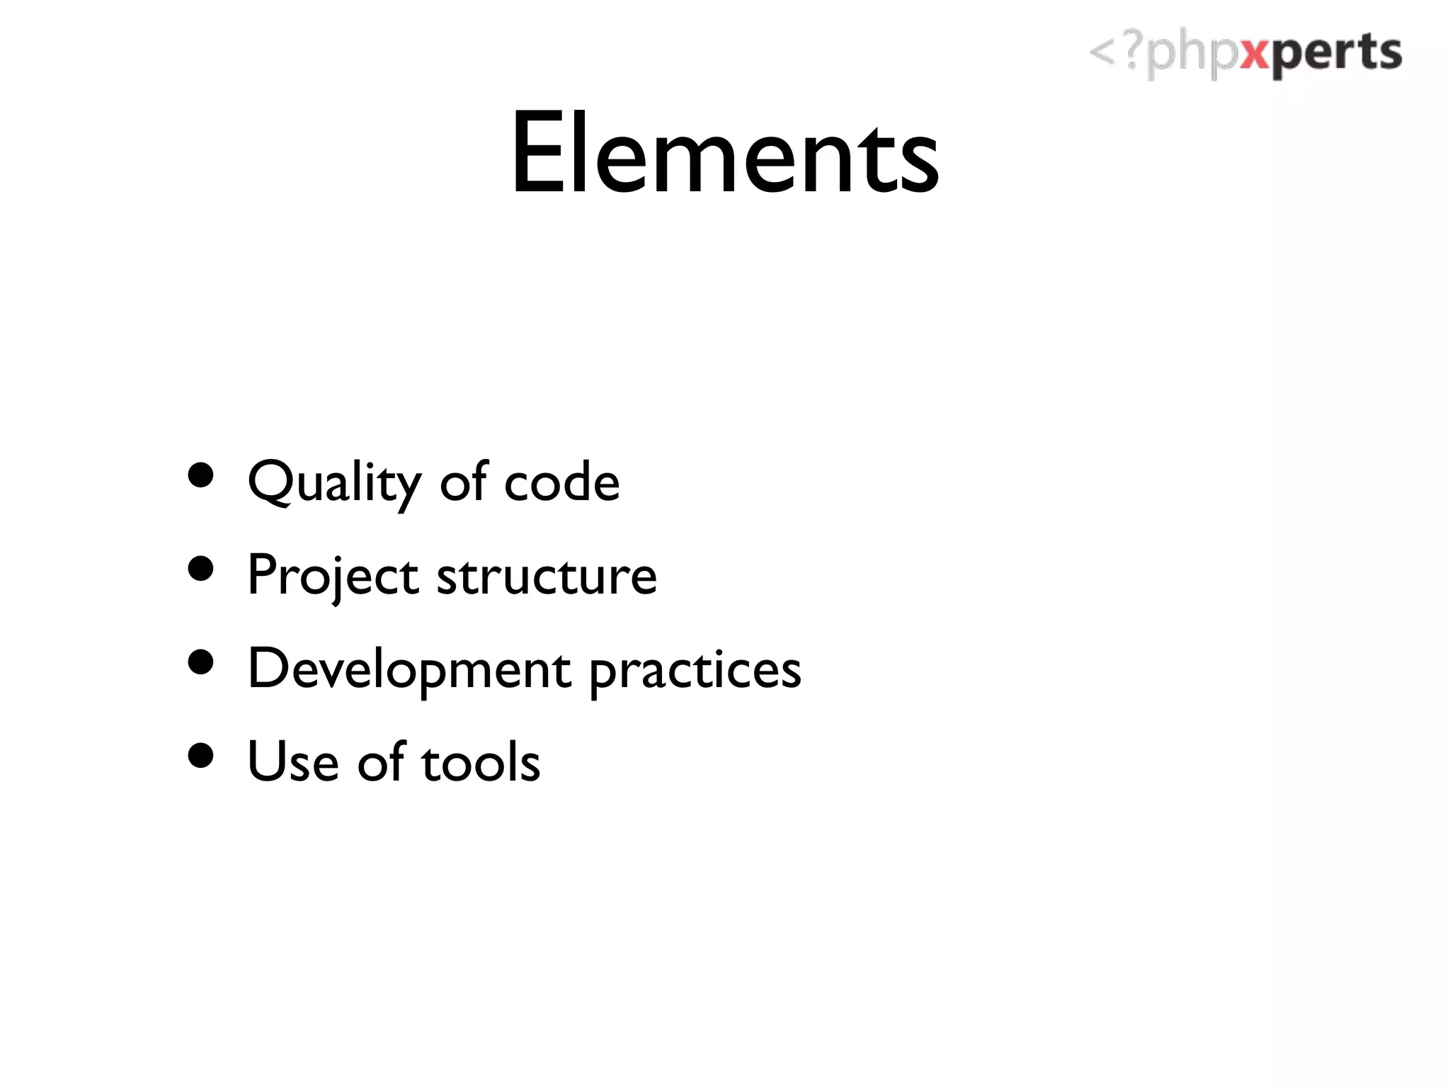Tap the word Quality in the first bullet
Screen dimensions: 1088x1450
pyautogui.click(x=333, y=482)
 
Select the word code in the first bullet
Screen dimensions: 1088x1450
pyautogui.click(x=561, y=482)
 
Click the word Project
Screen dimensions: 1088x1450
pyautogui.click(x=333, y=576)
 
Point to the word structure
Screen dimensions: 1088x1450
pyautogui.click(x=547, y=576)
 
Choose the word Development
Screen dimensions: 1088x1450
pyautogui.click(x=409, y=669)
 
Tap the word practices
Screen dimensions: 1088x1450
pyautogui.click(x=695, y=671)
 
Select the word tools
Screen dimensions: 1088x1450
pyautogui.click(x=481, y=762)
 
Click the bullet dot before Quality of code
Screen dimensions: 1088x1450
pyautogui.click(x=201, y=475)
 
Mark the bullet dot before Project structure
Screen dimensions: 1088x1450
pyautogui.click(x=201, y=569)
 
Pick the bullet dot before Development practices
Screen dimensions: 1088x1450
pyautogui.click(x=201, y=662)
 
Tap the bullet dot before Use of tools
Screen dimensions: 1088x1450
pyautogui.click(x=201, y=755)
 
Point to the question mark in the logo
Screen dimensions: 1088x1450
pyautogui.click(x=1134, y=51)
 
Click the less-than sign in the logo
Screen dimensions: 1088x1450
pyautogui.click(x=1102, y=52)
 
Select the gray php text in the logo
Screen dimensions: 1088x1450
pyautogui.click(x=1192, y=55)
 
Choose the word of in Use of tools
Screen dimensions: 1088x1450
pyautogui.click(x=381, y=761)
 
